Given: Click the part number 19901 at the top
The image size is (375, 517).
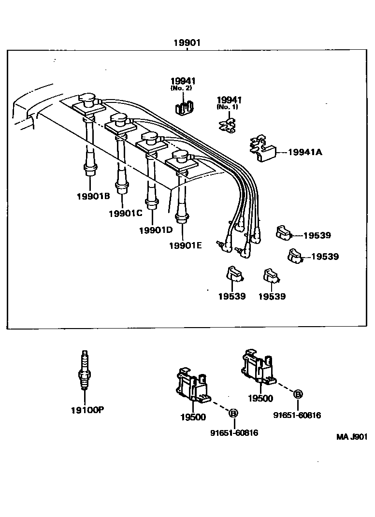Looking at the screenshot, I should pos(187,43).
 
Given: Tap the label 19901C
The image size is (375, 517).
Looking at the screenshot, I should pos(125,213).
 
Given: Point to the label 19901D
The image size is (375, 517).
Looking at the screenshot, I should pos(156,230).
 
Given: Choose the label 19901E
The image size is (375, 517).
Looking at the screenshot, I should pos(185,245).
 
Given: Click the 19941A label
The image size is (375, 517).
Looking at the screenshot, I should pos(305,152).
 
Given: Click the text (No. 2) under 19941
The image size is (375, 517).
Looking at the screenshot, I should pos(183,88).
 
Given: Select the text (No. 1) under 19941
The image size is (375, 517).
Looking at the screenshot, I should pos(228,107).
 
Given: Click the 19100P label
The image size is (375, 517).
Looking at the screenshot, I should pos(87,410).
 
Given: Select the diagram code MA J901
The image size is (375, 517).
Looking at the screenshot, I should pos(352,437).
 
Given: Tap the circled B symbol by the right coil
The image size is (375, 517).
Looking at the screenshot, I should pos(298,394).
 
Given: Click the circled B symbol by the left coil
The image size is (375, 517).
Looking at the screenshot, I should pos(233,413).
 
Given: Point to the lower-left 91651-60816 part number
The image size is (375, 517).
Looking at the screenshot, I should pos(234,433).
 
